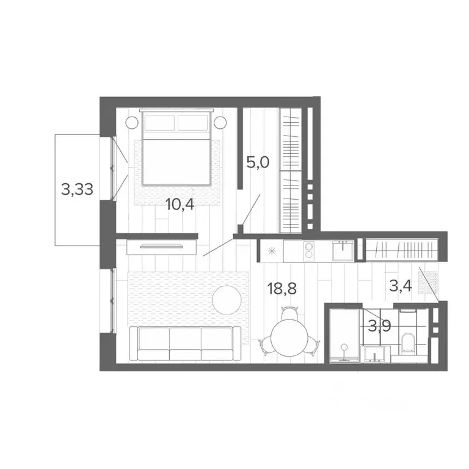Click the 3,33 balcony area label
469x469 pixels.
click(x=77, y=189)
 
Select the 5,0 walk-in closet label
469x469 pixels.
click(x=258, y=163)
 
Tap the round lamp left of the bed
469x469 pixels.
click(x=132, y=122)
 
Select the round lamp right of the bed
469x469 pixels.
click(x=220, y=122)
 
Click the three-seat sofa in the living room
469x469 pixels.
click(x=186, y=344)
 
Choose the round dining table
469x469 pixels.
click(x=288, y=337)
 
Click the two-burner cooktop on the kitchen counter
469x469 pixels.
click(x=310, y=251)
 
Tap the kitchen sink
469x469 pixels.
click(x=342, y=250)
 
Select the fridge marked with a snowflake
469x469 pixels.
click(x=271, y=250)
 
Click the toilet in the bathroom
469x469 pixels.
click(x=408, y=343)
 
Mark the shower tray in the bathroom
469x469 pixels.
click(x=344, y=336)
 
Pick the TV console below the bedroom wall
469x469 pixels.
click(x=161, y=247)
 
